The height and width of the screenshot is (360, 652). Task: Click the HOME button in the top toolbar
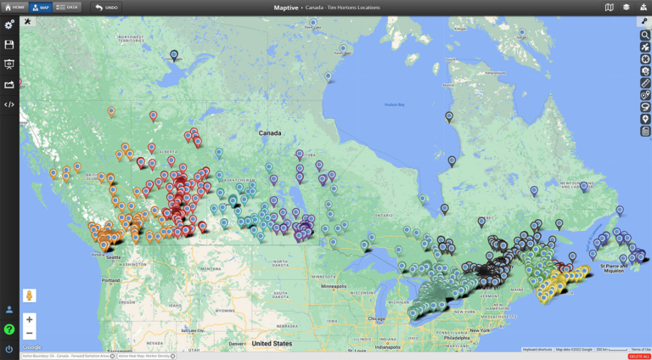point(14,7)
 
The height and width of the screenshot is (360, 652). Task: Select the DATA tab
point(67,7)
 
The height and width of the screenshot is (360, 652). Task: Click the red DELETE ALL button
point(639,356)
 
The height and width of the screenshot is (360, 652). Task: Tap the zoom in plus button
point(29,319)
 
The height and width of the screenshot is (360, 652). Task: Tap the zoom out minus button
point(29,334)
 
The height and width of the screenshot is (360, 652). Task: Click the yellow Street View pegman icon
point(29,295)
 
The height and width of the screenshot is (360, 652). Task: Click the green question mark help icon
point(9,329)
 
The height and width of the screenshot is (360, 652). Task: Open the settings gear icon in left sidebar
point(9,25)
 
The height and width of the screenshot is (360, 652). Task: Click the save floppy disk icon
point(9,45)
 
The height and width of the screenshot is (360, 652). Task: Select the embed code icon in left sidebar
point(9,105)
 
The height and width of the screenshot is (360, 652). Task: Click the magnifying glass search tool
point(645,36)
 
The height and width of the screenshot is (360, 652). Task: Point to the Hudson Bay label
point(394,104)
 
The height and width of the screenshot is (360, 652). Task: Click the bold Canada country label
point(270,133)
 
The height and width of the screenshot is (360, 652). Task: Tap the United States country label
point(272,344)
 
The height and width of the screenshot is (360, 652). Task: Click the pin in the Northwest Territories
point(174,55)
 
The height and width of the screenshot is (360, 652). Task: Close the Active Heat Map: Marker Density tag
point(173,356)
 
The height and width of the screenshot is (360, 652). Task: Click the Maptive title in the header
point(286,7)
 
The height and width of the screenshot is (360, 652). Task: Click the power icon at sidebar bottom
point(9,348)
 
